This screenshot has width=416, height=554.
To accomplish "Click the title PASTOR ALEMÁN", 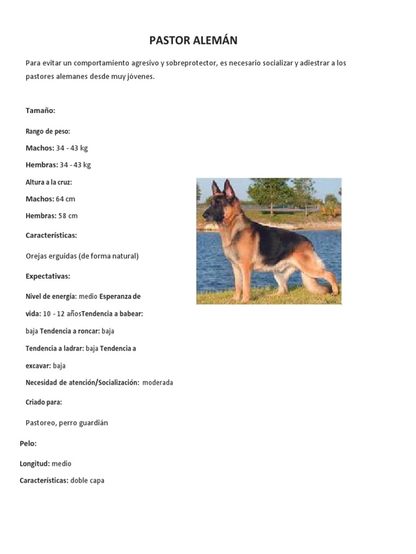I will (193, 41).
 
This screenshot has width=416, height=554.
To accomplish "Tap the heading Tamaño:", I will (41, 110).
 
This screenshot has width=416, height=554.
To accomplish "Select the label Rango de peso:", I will (48, 131).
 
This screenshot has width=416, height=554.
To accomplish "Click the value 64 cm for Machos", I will (66, 199).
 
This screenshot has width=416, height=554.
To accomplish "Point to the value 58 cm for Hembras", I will (68, 216).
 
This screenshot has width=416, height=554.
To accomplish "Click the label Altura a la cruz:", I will (49, 182).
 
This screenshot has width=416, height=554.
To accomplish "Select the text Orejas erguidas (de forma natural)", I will (82, 256).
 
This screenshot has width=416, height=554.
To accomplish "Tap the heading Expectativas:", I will (48, 276).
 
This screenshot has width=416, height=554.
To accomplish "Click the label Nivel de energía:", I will (51, 296).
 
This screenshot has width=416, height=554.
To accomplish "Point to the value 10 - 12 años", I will (61, 314).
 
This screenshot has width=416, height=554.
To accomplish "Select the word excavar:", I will (38, 366).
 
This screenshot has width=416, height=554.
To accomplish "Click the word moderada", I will (158, 382).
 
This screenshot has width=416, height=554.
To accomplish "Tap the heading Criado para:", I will (44, 402).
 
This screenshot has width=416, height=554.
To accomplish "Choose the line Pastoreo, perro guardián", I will (67, 423).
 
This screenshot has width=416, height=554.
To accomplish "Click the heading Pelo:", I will (28, 444).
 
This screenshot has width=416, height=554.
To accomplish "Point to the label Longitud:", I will (35, 464).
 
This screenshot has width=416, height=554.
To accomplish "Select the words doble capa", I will (87, 480).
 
